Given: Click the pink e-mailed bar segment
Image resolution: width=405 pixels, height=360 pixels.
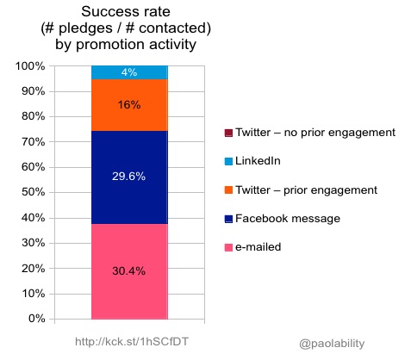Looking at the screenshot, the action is [129, 271].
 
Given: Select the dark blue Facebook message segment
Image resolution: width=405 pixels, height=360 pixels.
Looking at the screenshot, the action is [129, 177].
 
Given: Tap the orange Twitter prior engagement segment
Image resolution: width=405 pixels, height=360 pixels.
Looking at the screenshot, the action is [129, 105].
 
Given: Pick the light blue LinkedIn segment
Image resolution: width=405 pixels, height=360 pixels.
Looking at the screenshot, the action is [129, 72].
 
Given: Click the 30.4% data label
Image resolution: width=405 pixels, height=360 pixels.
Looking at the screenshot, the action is [128, 271].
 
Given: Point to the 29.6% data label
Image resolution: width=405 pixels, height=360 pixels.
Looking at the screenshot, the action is [128, 177].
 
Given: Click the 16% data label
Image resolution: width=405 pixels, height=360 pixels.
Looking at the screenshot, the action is [129, 105].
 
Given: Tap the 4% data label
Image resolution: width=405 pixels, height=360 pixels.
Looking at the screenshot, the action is [129, 72].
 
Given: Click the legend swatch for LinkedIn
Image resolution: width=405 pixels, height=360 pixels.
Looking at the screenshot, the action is [228, 161].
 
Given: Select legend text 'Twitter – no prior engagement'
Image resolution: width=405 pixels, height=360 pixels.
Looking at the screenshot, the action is [315, 133].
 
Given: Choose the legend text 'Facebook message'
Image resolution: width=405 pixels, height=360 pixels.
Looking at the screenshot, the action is [288, 219].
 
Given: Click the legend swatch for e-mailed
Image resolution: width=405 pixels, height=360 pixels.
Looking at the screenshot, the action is [228, 247].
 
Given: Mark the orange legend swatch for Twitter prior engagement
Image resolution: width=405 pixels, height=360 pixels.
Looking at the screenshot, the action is [228, 190].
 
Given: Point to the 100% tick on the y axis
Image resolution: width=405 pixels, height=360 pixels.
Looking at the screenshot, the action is [30, 66].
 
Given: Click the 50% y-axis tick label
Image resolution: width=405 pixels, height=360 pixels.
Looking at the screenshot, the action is [34, 192].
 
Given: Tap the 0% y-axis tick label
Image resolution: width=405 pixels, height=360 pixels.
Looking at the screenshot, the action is [36, 319].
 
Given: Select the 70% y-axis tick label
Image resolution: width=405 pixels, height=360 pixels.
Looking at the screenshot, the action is [34, 141].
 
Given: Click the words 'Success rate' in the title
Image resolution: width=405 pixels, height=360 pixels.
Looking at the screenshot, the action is [126, 12].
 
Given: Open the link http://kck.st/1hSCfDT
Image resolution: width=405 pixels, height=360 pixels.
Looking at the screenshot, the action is [132, 342].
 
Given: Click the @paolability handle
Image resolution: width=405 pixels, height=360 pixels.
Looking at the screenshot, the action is [332, 344].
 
